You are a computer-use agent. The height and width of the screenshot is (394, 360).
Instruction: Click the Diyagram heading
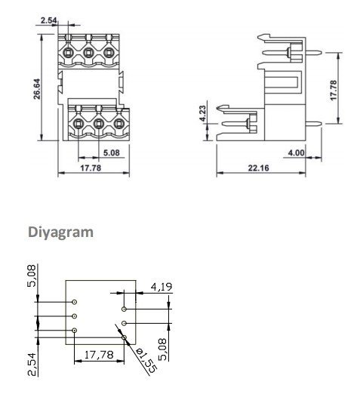(61, 232)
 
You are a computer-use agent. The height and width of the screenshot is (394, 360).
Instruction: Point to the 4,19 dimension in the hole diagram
(162, 287)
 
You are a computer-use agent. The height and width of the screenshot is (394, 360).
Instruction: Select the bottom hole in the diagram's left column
(75, 331)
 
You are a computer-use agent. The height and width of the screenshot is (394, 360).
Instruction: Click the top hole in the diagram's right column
(124, 309)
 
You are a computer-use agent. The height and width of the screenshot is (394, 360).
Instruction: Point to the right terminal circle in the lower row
(118, 121)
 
